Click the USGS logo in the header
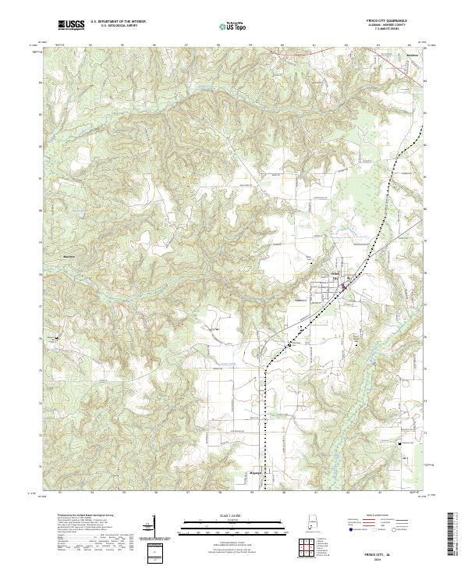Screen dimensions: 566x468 pos(71,25)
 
